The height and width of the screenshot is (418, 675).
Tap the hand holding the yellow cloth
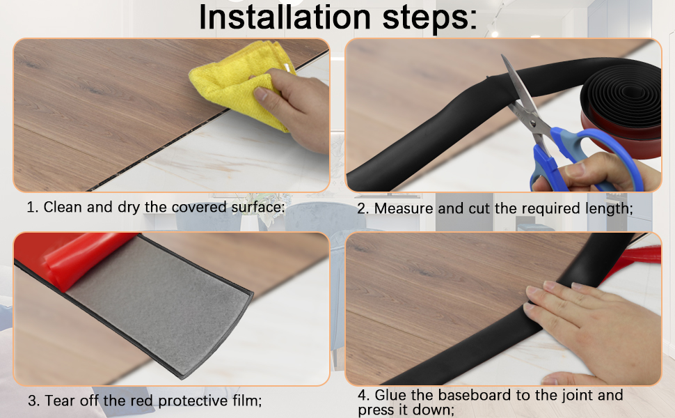(x=297, y=108)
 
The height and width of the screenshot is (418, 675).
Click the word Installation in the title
(x=285, y=17)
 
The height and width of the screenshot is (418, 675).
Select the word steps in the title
(x=429, y=19)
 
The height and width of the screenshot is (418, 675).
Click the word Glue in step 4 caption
(x=390, y=395)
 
